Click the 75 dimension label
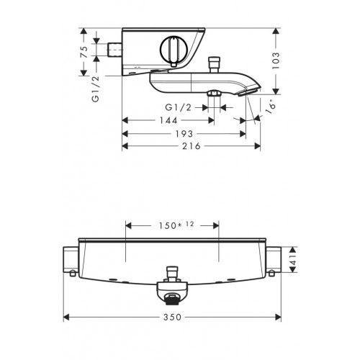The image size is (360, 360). click(84, 52)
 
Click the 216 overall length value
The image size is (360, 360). click(191, 145)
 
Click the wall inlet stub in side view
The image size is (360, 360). click(113, 52)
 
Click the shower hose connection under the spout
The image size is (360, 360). click(214, 95)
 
